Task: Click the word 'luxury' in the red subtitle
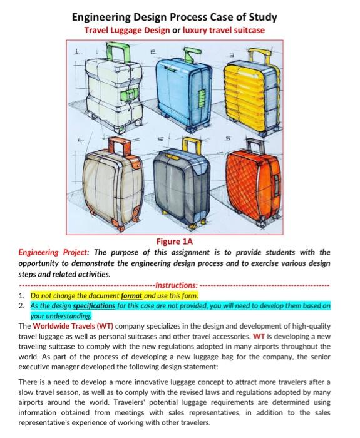click(201, 30)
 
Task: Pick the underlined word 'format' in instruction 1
click(135, 295)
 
